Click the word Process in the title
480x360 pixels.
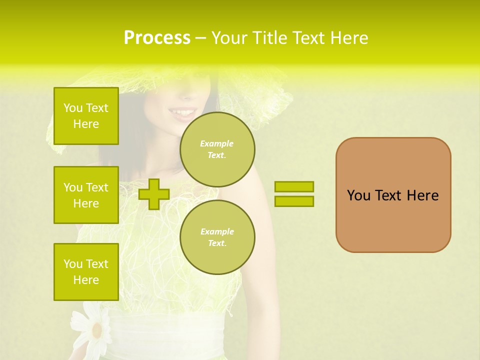click(x=157, y=38)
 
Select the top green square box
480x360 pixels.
click(x=86, y=116)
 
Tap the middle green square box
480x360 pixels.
click(x=86, y=195)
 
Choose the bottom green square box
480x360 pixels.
click(x=86, y=272)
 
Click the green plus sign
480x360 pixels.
click(x=153, y=194)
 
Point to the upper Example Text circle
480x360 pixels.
click(x=217, y=149)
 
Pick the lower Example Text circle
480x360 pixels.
click(x=217, y=237)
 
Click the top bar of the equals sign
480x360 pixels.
click(x=294, y=186)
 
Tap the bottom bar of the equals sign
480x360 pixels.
click(x=294, y=201)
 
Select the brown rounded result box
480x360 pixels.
click(x=393, y=195)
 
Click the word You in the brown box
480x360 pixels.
click(x=358, y=195)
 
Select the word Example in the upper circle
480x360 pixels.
click(x=216, y=143)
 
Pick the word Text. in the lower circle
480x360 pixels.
click(x=216, y=243)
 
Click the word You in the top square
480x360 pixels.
click(x=73, y=108)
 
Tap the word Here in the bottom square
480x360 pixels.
click(x=86, y=280)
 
